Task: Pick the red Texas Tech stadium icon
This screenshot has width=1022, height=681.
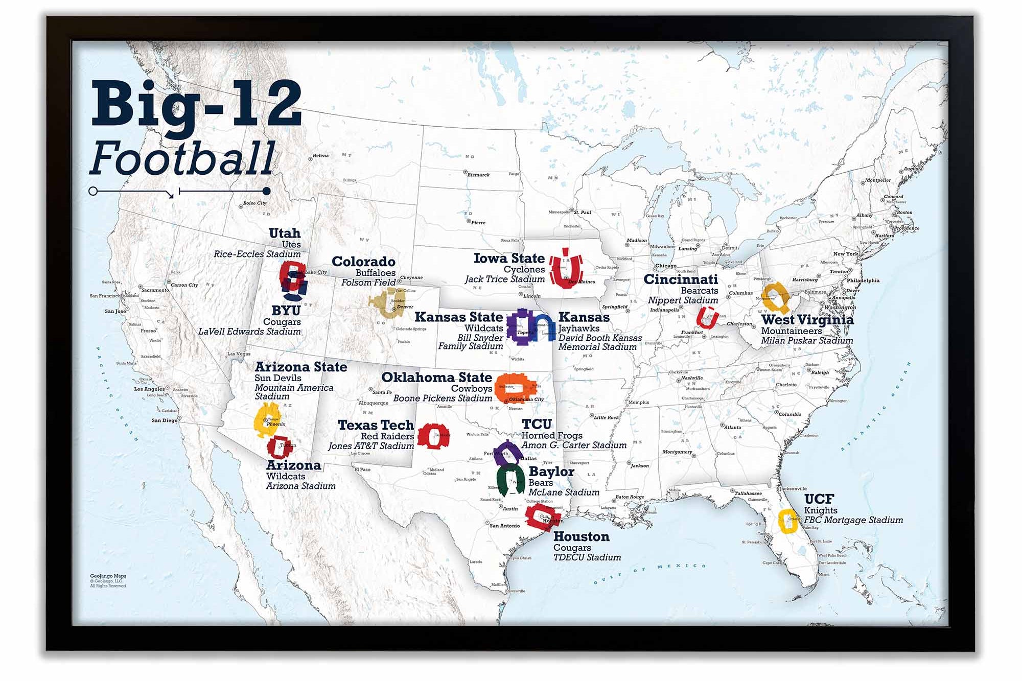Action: click(x=433, y=436)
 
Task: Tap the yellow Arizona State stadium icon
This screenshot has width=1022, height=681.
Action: click(x=266, y=419)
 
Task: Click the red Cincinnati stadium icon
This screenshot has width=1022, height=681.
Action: click(x=708, y=317)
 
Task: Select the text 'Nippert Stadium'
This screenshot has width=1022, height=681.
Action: click(x=683, y=300)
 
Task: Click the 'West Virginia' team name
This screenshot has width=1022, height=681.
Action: click(x=807, y=320)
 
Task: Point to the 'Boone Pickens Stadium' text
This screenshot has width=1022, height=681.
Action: click(x=443, y=398)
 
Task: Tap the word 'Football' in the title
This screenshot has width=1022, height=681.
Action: click(x=182, y=159)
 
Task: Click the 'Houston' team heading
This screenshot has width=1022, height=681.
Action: click(x=581, y=537)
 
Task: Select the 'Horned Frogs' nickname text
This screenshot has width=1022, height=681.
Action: click(x=551, y=435)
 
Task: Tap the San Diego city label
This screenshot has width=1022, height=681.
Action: click(x=165, y=420)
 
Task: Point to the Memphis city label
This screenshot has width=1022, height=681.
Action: click(x=638, y=402)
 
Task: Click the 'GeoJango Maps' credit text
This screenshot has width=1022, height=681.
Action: click(x=108, y=576)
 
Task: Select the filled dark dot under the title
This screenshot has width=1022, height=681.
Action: click(x=266, y=191)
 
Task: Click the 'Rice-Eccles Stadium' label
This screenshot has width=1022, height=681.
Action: click(x=257, y=254)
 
